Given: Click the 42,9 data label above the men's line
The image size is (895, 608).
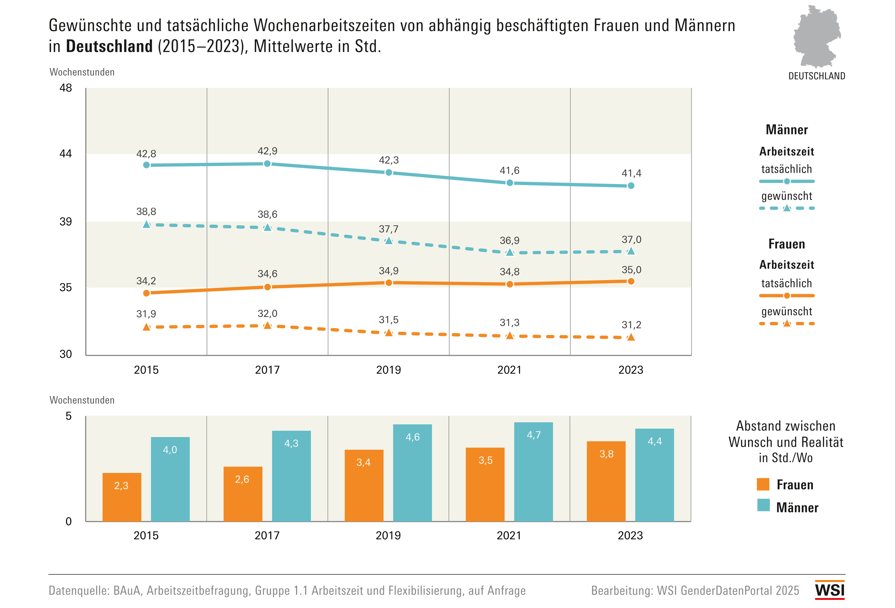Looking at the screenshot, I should pyautogui.click(x=267, y=151).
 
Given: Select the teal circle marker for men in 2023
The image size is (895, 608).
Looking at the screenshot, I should pyautogui.click(x=631, y=185).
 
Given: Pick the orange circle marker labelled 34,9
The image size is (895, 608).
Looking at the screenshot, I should pyautogui.click(x=388, y=283).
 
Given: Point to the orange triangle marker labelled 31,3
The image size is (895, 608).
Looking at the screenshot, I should pyautogui.click(x=510, y=336).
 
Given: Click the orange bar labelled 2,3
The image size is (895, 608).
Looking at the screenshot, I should pyautogui.click(x=122, y=497).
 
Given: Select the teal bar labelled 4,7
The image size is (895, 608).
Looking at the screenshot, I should pyautogui.click(x=533, y=472).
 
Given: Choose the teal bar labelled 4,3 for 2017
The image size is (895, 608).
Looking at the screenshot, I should pyautogui.click(x=291, y=476).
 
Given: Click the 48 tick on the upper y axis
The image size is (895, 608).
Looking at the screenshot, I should pyautogui.click(x=66, y=88).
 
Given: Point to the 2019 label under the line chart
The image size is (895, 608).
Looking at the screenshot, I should pyautogui.click(x=388, y=370).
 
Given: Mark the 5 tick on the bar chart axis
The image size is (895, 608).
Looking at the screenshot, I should pyautogui.click(x=69, y=416).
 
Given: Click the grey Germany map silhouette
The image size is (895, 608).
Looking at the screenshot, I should pyautogui.click(x=816, y=37).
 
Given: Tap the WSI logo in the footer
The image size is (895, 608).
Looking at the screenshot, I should pyautogui.click(x=829, y=590).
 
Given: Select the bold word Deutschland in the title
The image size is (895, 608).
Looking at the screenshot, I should pyautogui.click(x=109, y=47).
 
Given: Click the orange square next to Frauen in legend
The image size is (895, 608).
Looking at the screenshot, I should pyautogui.click(x=763, y=484).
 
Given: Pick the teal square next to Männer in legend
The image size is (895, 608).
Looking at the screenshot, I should pyautogui.click(x=763, y=505).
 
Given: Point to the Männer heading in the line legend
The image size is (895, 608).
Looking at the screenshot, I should pyautogui.click(x=787, y=130).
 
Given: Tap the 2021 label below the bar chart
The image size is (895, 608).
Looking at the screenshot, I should pyautogui.click(x=509, y=536).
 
